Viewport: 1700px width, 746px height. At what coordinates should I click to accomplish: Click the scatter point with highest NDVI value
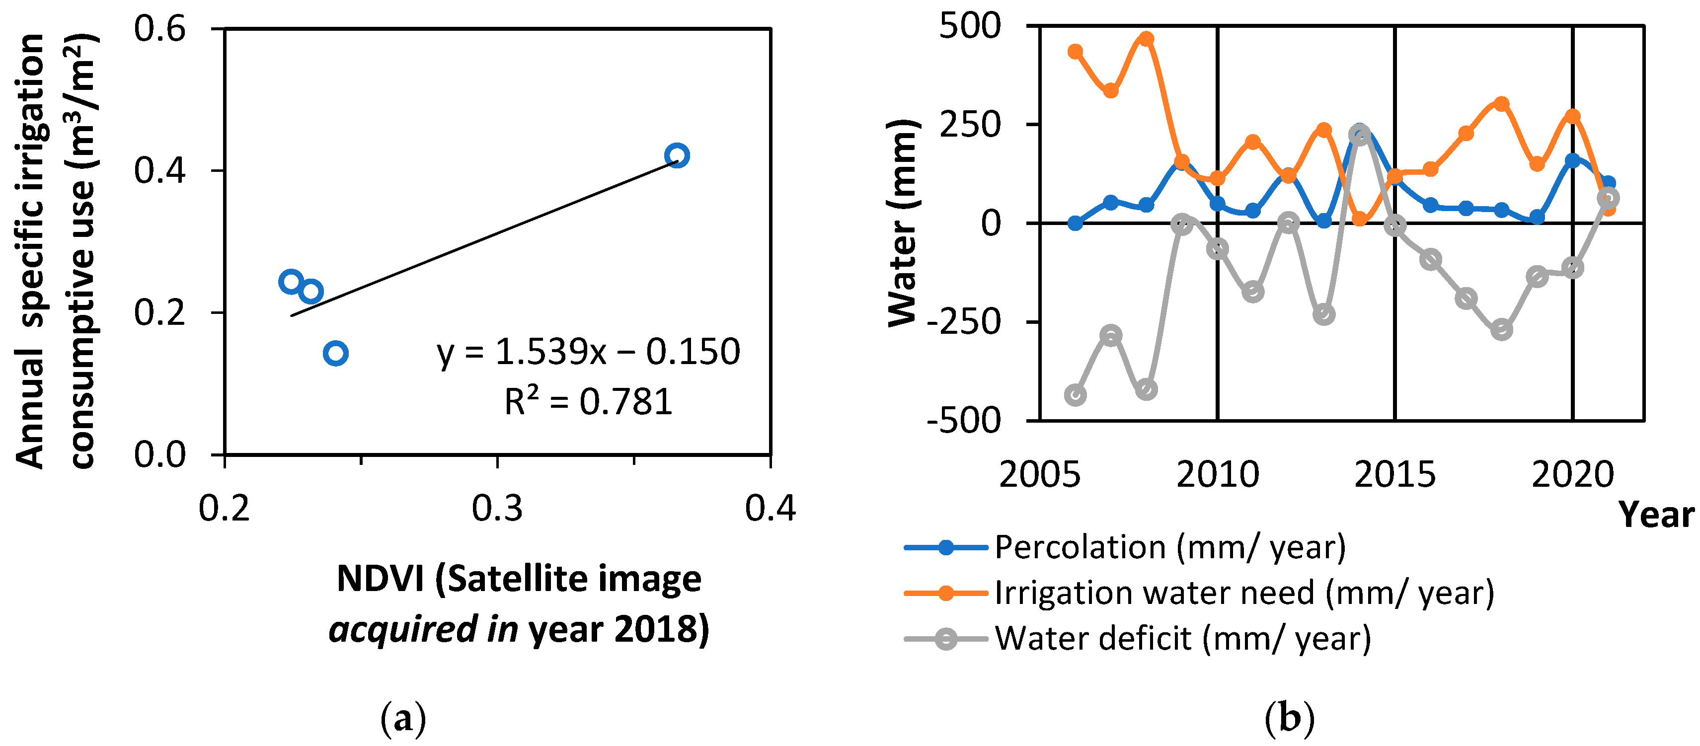[677, 155]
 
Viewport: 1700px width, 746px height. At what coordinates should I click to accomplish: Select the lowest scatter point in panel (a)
[336, 354]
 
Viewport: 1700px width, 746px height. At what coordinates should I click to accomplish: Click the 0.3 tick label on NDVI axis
[497, 509]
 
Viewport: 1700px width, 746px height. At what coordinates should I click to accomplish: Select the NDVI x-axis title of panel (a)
[519, 603]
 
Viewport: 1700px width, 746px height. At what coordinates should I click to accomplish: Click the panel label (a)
[403, 719]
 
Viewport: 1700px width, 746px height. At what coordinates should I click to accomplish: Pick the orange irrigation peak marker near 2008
[1146, 39]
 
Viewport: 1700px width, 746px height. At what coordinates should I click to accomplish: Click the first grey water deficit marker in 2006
[1075, 395]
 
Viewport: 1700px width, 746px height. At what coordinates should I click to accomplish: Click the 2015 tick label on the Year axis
[1394, 474]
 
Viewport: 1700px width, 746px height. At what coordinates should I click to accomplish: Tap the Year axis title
[1656, 514]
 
